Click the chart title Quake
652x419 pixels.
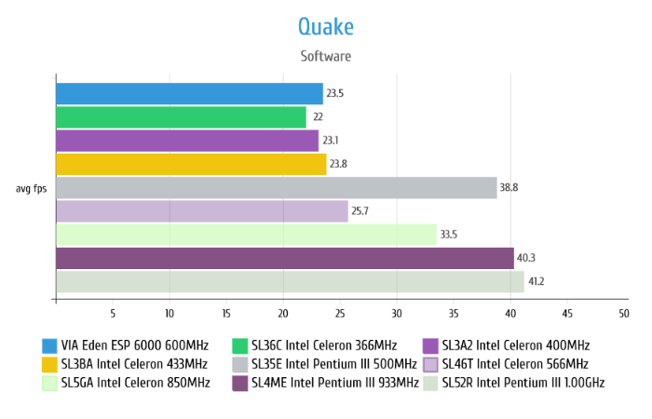326,25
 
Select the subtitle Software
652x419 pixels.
326,56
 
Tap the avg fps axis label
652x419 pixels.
33,188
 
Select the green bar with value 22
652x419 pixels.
181,117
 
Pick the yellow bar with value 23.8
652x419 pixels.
191,165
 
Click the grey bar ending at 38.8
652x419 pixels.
276,188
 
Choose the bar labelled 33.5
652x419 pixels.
246,235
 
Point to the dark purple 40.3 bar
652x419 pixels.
284,258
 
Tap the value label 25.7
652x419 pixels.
360,211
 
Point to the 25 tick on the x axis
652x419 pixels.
340,313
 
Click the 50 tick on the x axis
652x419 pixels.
623,313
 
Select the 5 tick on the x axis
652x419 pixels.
113,313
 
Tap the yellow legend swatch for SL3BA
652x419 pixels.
49,364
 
